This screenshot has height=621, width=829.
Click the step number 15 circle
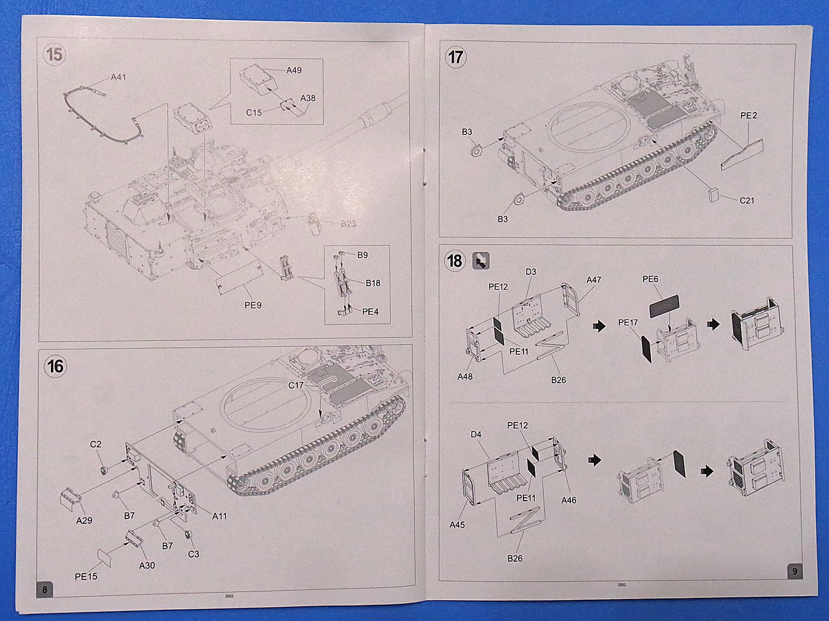click(x=54, y=55)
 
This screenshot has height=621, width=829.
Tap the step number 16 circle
click(x=55, y=366)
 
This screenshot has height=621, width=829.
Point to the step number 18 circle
click(x=455, y=261)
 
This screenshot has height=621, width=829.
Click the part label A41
click(x=118, y=77)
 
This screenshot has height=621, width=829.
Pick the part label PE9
click(x=253, y=305)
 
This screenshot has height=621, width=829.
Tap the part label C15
click(x=253, y=113)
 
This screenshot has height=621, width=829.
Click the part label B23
click(x=348, y=224)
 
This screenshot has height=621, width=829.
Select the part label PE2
click(x=748, y=116)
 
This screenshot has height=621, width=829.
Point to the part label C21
click(x=747, y=201)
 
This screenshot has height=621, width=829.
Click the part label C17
click(x=295, y=385)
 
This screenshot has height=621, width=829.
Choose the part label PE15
click(x=86, y=577)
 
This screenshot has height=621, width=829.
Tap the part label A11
click(x=219, y=516)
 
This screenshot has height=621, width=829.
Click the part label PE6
click(x=650, y=279)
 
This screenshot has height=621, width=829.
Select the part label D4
click(x=476, y=434)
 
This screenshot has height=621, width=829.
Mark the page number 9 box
click(x=794, y=572)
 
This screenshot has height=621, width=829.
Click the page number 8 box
click(x=44, y=590)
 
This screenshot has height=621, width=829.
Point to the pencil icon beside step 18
click(x=480, y=261)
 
